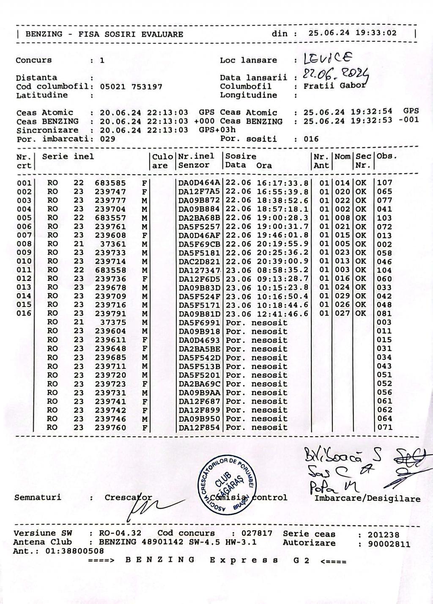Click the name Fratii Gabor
[x=334, y=86]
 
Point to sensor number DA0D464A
[x=199, y=183]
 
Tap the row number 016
[x=24, y=313]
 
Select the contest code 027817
[x=257, y=533]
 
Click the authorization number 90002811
[x=389, y=544]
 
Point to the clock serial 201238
[x=384, y=535]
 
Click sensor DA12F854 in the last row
[x=199, y=428]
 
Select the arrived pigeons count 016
[x=311, y=139]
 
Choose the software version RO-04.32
[x=120, y=533]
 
